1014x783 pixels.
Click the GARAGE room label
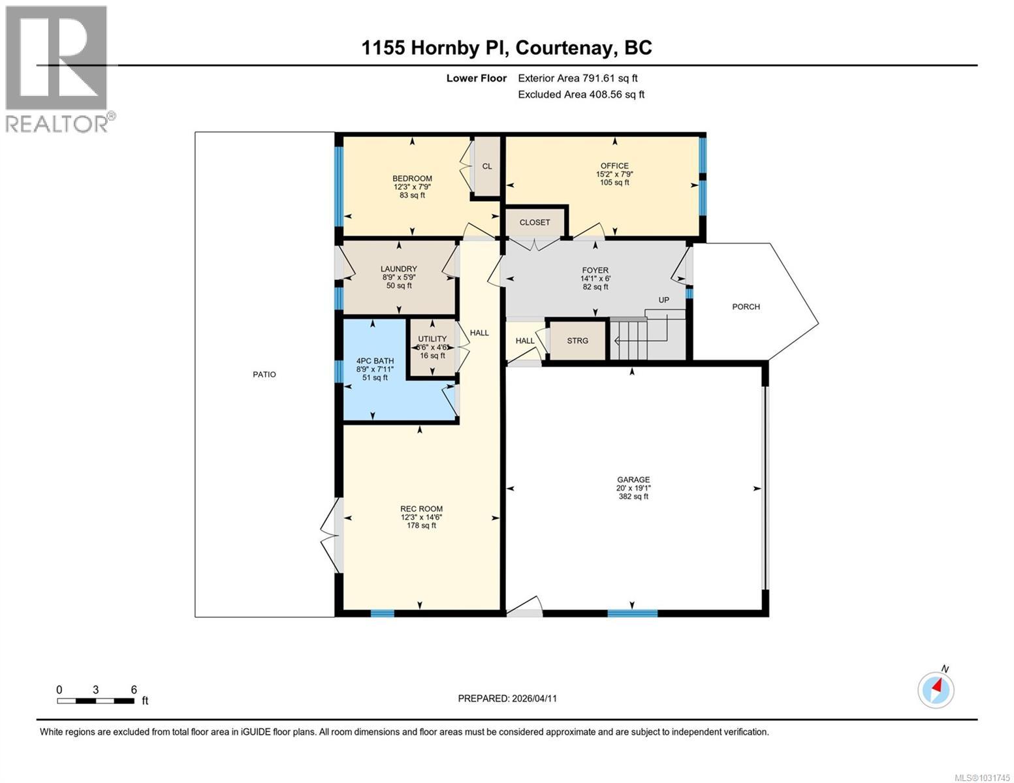click(633, 480)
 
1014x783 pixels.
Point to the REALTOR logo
click(57, 68)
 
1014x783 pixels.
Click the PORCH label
click(746, 307)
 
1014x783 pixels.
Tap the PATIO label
click(264, 375)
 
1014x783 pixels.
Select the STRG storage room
click(577, 341)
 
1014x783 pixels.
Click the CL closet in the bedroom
click(487, 166)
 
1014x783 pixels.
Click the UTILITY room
click(432, 347)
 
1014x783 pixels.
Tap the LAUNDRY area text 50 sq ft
click(399, 286)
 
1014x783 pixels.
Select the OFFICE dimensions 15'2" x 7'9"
click(614, 174)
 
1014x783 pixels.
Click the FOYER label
click(595, 270)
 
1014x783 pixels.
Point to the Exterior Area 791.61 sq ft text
click(577, 78)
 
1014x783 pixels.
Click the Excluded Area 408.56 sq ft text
click(581, 95)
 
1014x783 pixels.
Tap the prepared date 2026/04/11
click(534, 698)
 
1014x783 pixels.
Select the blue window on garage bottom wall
click(632, 613)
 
